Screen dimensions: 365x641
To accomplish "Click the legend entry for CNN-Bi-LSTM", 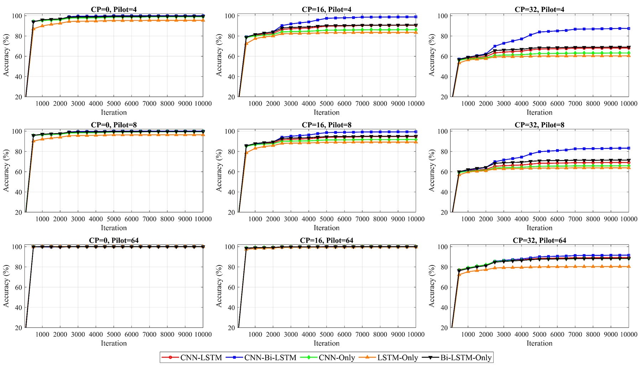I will [x=270, y=358].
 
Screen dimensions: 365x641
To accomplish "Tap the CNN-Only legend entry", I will [x=337, y=358].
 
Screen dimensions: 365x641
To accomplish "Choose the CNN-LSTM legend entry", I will [x=206, y=358].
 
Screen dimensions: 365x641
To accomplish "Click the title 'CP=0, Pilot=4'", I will [x=114, y=9].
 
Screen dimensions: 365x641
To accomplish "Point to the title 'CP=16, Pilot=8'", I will [x=327, y=125].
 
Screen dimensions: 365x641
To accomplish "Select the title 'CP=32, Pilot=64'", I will [x=539, y=240].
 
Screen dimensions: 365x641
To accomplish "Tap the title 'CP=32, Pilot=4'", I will [x=539, y=9].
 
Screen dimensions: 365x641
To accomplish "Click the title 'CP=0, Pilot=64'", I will [x=114, y=240].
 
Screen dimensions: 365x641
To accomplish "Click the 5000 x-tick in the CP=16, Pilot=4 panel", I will [x=327, y=104].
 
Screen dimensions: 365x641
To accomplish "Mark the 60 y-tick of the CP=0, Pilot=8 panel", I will [x=18, y=172].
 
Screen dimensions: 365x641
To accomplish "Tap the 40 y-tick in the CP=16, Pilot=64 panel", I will [x=231, y=308].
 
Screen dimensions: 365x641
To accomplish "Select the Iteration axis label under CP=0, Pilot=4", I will [x=114, y=112].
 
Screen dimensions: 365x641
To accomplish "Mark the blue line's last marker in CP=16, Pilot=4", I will [x=416, y=17].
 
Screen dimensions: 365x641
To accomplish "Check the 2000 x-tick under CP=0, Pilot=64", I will [x=60, y=335].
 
